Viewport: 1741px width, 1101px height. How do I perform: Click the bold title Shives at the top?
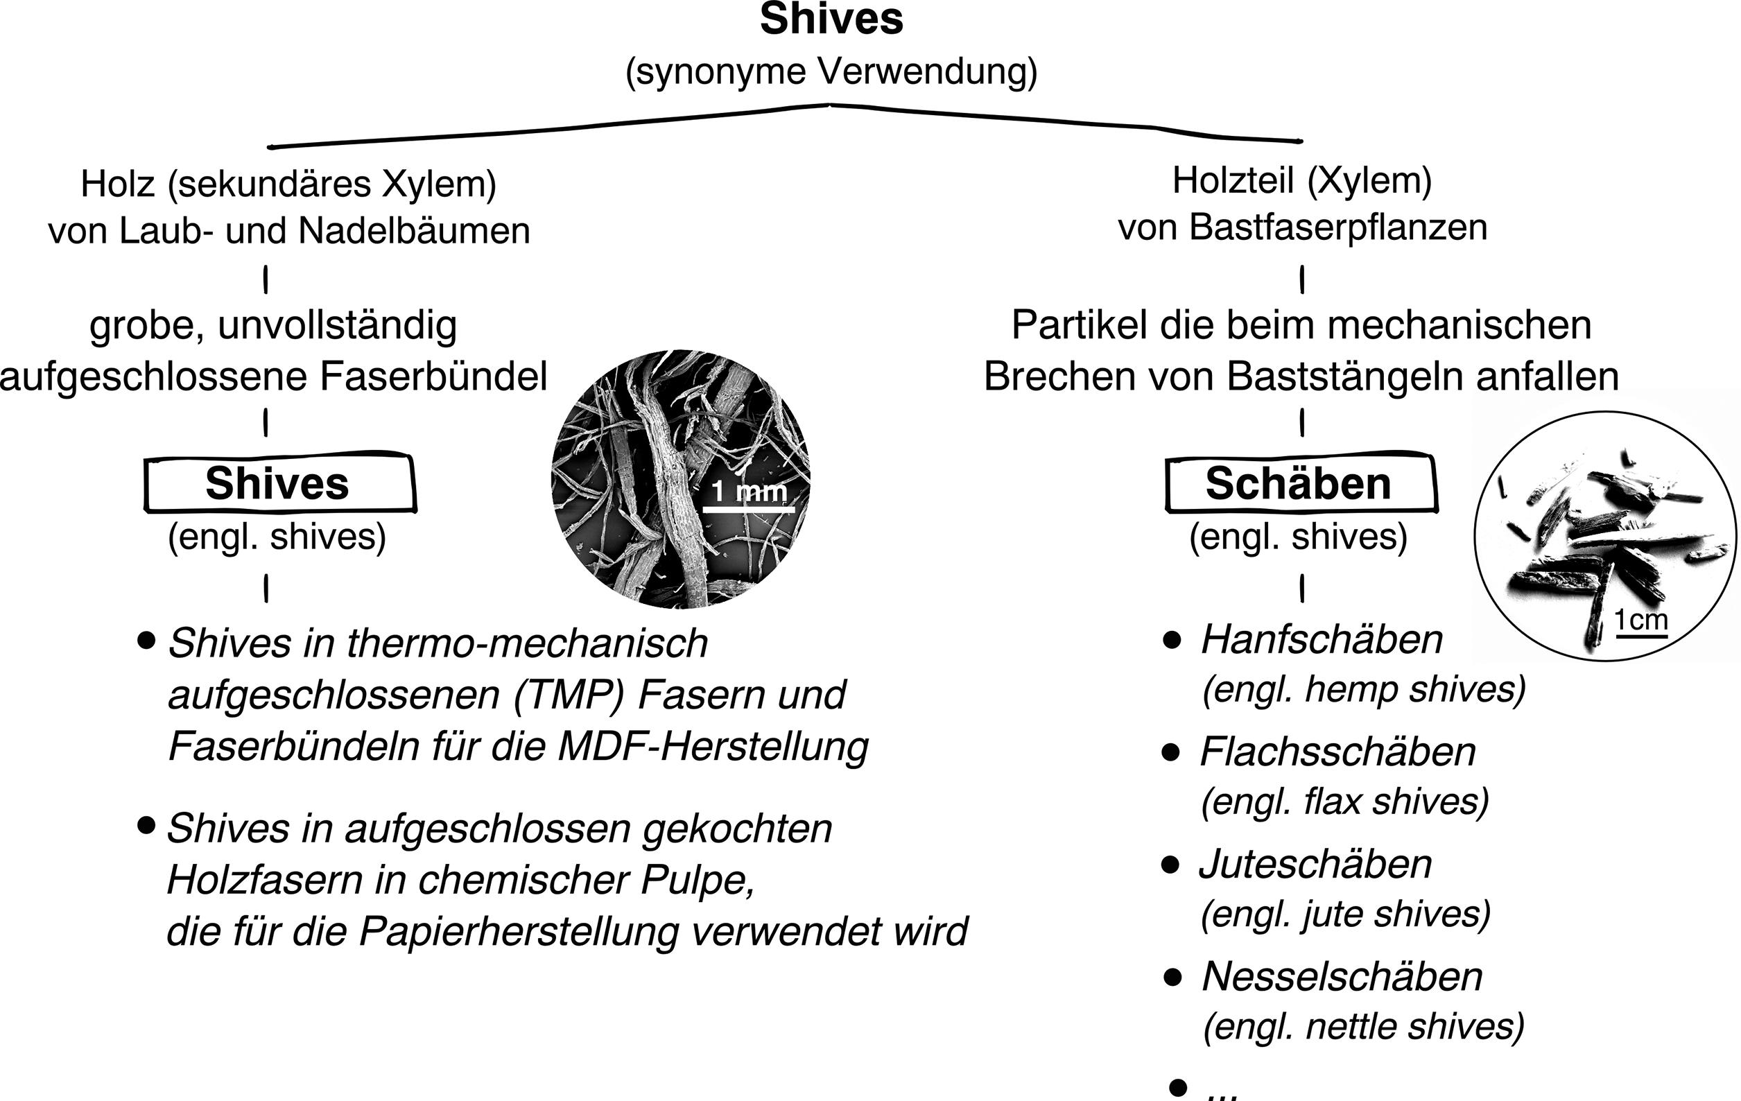[x=831, y=20]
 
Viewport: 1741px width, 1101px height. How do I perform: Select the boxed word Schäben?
[x=1298, y=483]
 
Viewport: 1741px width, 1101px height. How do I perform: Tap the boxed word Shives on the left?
[x=277, y=483]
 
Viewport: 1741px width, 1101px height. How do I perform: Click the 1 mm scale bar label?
[x=748, y=492]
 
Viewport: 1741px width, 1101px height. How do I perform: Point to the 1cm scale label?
[x=1640, y=620]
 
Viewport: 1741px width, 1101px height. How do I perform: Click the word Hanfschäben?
[x=1322, y=640]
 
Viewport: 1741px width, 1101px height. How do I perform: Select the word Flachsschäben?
[x=1337, y=752]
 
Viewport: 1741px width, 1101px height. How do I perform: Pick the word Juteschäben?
[x=1315, y=864]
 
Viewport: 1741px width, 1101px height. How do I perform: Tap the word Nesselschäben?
[x=1342, y=977]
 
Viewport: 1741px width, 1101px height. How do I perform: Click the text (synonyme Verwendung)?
[x=831, y=72]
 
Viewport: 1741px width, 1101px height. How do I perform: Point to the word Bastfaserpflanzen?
[x=1338, y=227]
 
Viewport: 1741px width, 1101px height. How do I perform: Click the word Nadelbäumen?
[x=415, y=232]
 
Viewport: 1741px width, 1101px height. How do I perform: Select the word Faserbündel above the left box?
[x=433, y=376]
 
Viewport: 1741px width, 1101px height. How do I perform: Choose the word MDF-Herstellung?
[x=713, y=747]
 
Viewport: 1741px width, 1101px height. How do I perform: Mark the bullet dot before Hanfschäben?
[x=1172, y=641]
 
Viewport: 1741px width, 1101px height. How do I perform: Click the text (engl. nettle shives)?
[x=1364, y=1026]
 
